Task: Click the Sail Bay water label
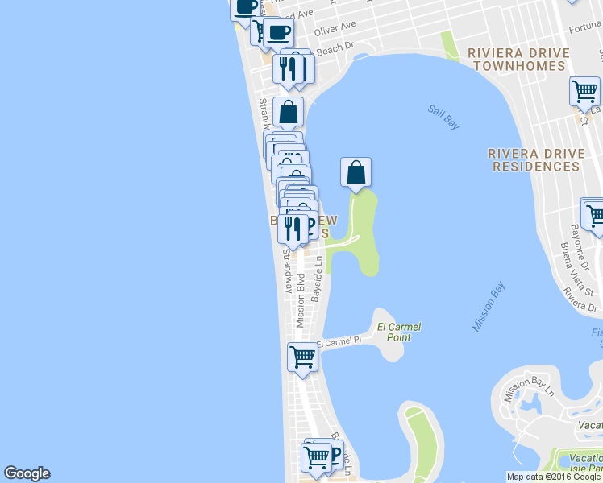tap(443, 118)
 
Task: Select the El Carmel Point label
tap(399, 332)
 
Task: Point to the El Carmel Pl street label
tap(339, 342)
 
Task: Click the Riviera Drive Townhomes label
tap(521, 60)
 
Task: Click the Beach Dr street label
tap(335, 50)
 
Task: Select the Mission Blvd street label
tap(300, 303)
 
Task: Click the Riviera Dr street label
tap(581, 298)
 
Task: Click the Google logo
tap(27, 473)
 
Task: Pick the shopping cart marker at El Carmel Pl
tap(302, 356)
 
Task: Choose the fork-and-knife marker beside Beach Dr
tap(287, 68)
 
